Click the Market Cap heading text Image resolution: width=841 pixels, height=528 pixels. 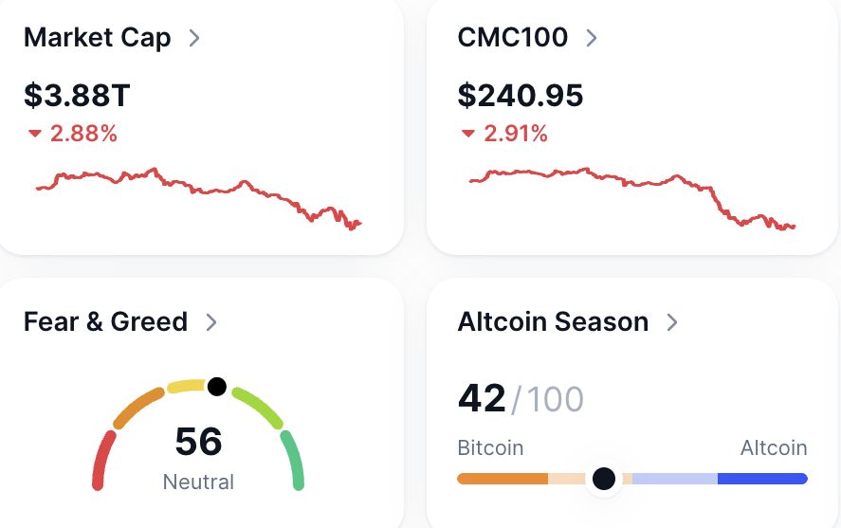[97, 38]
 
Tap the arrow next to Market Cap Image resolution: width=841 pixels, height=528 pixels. [194, 38]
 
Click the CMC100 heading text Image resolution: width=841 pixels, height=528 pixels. [513, 38]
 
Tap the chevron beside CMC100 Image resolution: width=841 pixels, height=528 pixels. [592, 38]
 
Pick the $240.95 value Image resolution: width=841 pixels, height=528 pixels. [521, 95]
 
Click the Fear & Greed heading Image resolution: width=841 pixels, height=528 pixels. [105, 321]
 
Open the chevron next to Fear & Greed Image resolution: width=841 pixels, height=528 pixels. [211, 322]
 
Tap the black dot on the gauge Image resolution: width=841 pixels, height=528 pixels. [217, 387]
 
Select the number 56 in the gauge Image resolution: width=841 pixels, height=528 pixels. [199, 442]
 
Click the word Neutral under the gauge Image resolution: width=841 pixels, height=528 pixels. [198, 482]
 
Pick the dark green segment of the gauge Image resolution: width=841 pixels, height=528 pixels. [293, 462]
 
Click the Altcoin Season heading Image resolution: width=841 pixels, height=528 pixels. [553, 321]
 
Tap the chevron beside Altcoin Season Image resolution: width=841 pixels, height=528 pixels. [672, 322]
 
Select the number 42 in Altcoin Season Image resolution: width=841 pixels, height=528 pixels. [482, 398]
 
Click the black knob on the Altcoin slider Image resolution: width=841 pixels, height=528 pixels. [604, 479]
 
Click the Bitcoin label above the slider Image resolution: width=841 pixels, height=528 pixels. [490, 447]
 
